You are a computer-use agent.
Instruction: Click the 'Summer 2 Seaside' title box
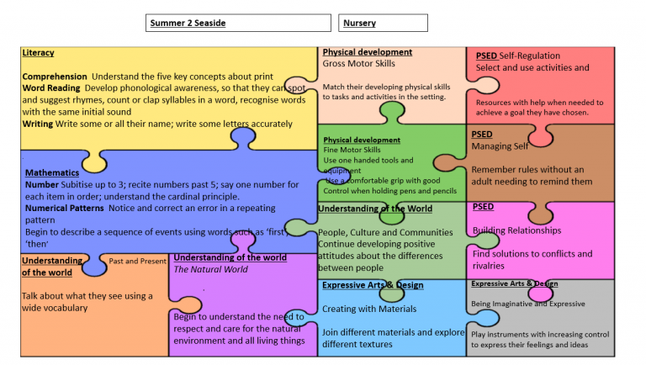(x=238, y=23)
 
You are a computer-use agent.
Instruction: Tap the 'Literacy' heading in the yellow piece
(x=38, y=53)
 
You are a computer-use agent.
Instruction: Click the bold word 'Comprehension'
(x=55, y=77)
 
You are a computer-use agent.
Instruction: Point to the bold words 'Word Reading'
(x=50, y=87)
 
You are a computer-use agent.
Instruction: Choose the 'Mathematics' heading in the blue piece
(x=51, y=173)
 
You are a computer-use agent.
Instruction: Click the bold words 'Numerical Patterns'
(x=64, y=208)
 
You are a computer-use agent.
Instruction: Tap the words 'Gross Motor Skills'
(x=358, y=63)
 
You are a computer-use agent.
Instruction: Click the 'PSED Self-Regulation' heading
(x=517, y=56)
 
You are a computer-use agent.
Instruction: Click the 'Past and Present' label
(x=137, y=261)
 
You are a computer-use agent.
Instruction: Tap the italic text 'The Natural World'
(x=209, y=269)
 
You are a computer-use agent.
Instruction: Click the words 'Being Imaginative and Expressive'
(x=527, y=304)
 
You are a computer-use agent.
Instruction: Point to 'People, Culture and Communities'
(x=386, y=232)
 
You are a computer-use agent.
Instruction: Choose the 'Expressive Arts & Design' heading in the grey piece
(x=514, y=283)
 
